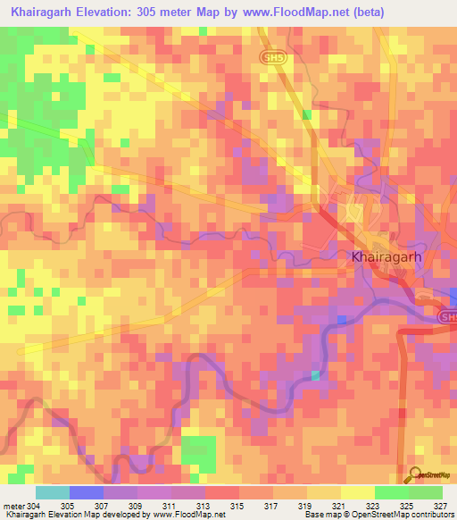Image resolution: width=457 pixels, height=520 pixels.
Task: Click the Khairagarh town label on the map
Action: click(381, 256)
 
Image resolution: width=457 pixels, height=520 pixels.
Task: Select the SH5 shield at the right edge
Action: click(447, 316)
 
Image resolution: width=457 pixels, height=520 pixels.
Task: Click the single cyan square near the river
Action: click(314, 375)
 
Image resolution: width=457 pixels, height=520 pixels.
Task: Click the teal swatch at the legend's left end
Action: click(52, 492)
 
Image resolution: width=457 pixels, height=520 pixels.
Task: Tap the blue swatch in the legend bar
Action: click(87, 492)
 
